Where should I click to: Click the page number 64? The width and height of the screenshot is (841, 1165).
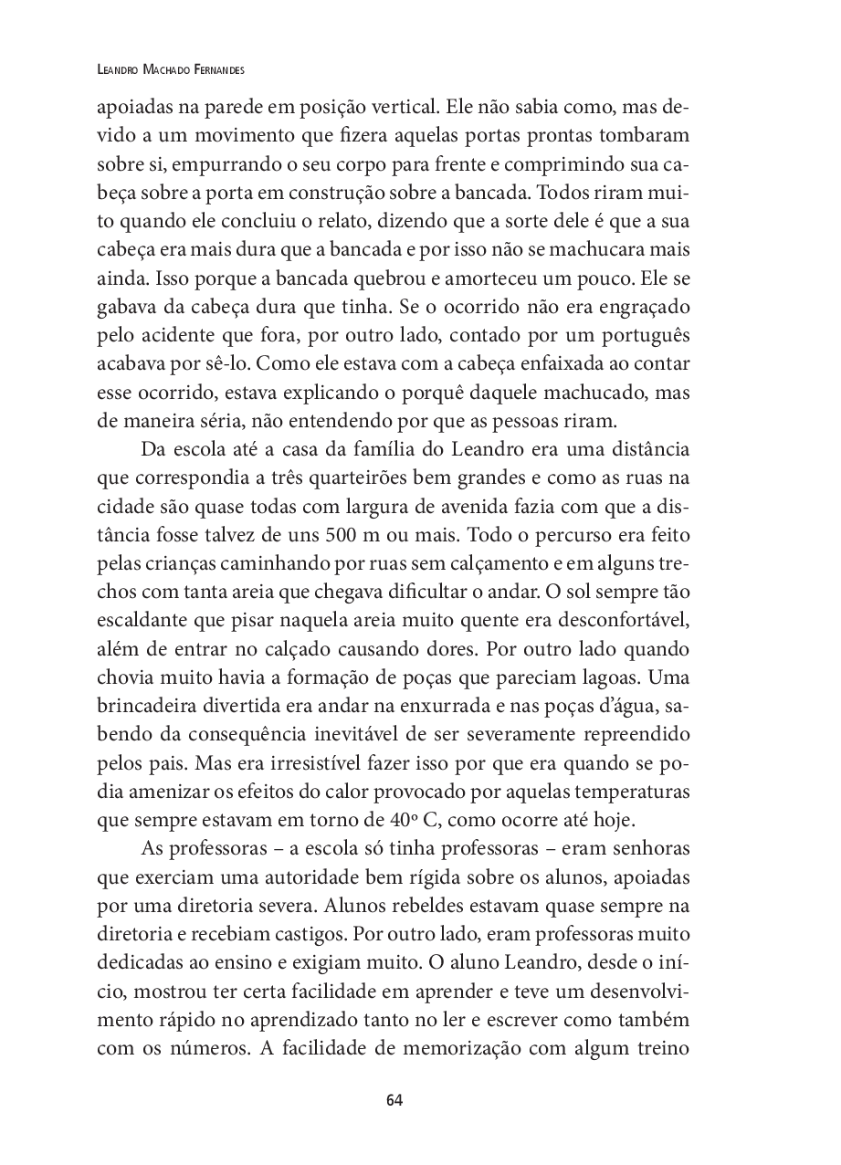point(394,1099)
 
